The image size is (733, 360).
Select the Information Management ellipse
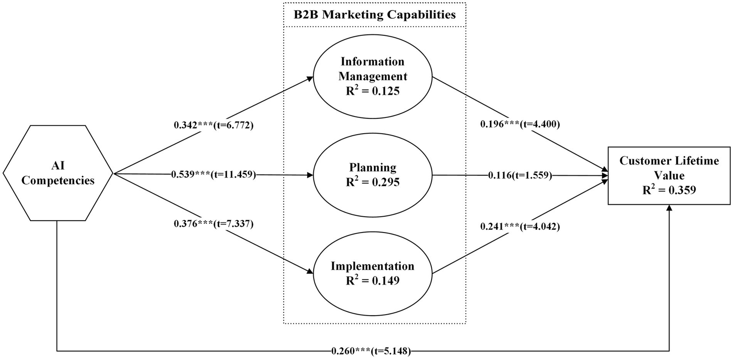[372, 76]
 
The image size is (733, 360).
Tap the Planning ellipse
[372, 175]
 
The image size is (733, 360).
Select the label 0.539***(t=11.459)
[213, 175]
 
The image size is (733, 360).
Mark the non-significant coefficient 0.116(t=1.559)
[520, 175]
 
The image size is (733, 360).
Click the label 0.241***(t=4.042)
[520, 226]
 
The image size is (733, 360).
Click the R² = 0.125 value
[372, 91]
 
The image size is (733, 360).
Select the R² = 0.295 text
[372, 182]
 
